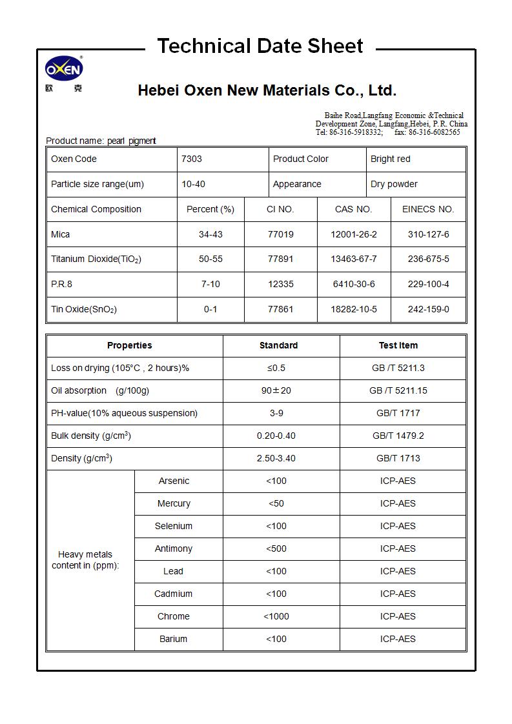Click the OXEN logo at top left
(x=64, y=69)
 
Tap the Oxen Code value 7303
(x=192, y=159)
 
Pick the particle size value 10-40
(x=193, y=184)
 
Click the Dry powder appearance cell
(x=394, y=184)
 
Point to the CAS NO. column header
(x=353, y=209)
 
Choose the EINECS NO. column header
(x=428, y=209)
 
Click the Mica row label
(x=61, y=234)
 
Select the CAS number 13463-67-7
(x=353, y=259)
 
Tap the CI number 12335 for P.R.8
(x=280, y=284)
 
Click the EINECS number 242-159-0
(x=428, y=309)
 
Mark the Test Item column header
(x=398, y=345)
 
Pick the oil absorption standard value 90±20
(x=276, y=390)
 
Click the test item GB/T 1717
(x=398, y=413)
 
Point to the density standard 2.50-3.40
(x=276, y=458)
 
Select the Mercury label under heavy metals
(x=174, y=503)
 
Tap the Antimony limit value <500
(x=276, y=548)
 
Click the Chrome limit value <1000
(x=276, y=616)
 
